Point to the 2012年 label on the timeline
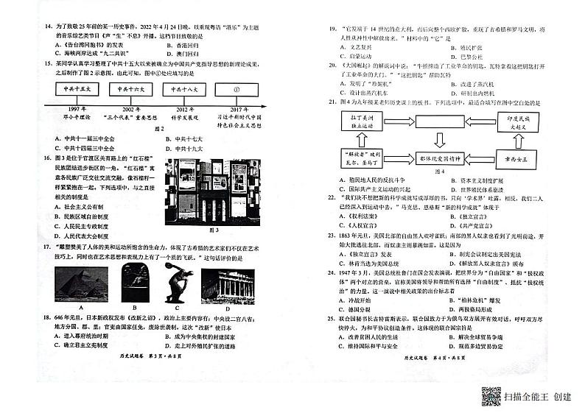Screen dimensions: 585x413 [184, 108]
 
